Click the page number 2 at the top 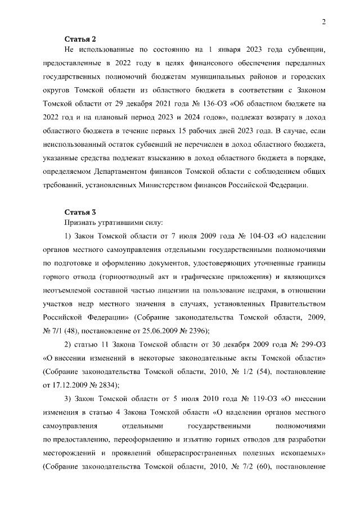tap(324, 22)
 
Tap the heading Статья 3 tap(80, 212)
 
